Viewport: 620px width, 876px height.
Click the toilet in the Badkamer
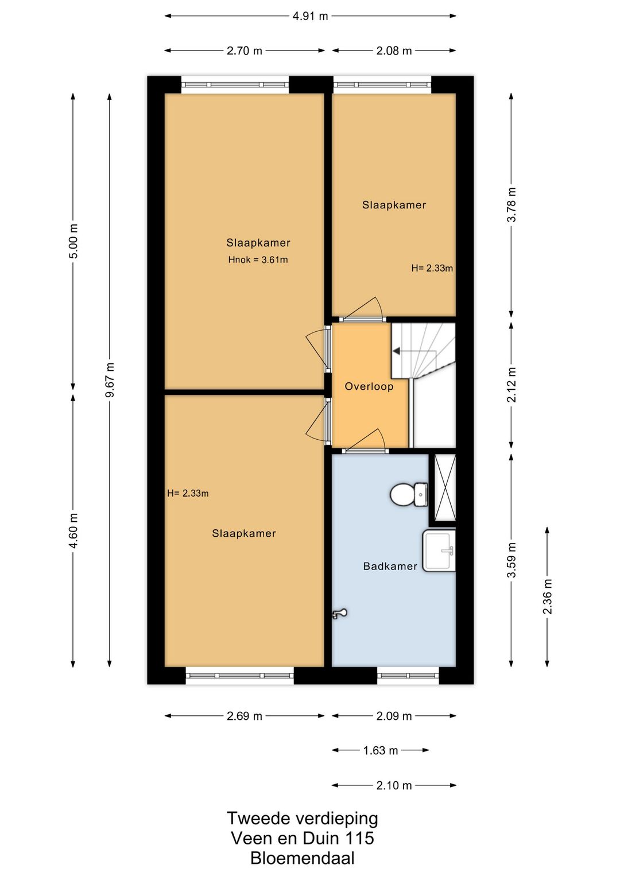click(x=409, y=494)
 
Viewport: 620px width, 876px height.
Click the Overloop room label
click(x=369, y=387)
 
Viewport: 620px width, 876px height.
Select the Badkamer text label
click(x=390, y=566)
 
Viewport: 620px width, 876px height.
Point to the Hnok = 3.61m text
click(x=258, y=259)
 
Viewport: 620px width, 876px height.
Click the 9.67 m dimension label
click(x=110, y=379)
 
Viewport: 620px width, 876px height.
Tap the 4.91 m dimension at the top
click(x=310, y=17)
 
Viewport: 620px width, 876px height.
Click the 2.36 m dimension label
click(x=548, y=596)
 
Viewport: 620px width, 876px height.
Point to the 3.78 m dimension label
click(x=511, y=204)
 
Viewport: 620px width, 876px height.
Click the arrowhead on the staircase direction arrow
click(x=396, y=351)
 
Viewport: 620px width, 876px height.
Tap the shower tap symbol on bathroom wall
click(x=339, y=614)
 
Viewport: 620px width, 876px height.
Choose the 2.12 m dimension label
click(x=511, y=385)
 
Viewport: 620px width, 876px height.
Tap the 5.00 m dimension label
click(x=73, y=241)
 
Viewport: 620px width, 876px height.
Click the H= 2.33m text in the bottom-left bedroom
click(x=188, y=493)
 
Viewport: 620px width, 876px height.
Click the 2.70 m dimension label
click(x=245, y=51)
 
